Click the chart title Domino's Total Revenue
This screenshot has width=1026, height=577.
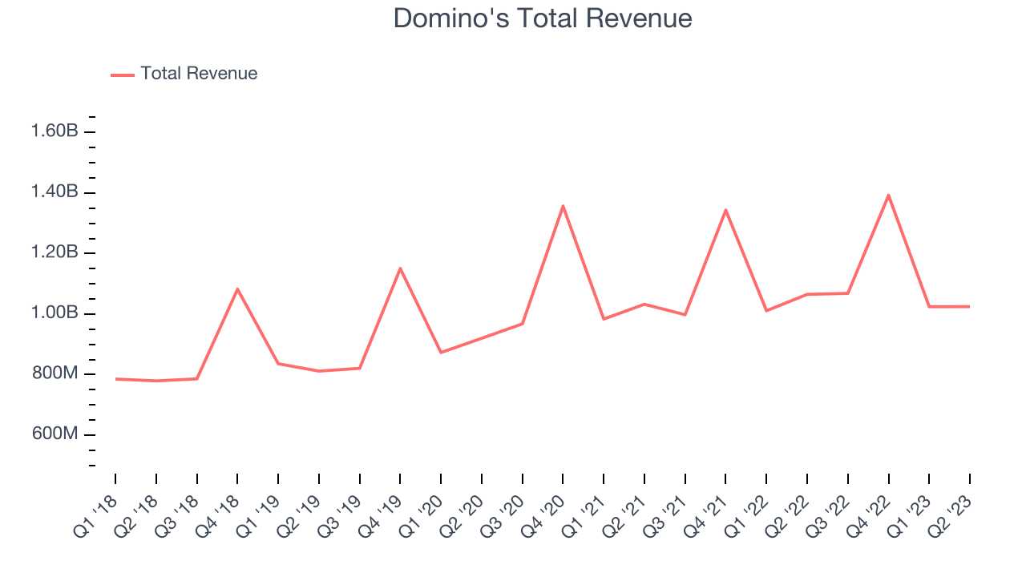543,18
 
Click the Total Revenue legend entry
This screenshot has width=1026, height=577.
198,74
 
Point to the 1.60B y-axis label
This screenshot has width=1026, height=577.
55,131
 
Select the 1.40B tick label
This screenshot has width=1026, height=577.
55,192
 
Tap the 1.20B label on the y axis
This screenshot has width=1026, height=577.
55,253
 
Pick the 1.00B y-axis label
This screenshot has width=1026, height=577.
55,313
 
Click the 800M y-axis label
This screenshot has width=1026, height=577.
55,374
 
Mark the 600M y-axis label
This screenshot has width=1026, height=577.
55,434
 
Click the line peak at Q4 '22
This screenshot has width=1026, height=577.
888,195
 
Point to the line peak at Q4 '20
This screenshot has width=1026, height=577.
563,206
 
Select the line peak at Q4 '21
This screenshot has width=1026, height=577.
725,210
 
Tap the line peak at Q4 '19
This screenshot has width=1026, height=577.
400,268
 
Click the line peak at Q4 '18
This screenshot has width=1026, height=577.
237,288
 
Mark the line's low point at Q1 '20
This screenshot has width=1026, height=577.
441,353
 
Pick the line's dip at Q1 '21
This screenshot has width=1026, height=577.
604,319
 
